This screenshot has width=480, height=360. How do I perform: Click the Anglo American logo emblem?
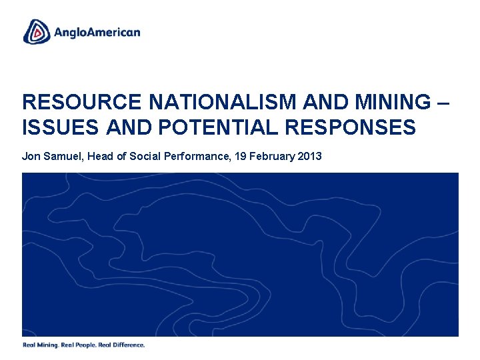coord(37,31)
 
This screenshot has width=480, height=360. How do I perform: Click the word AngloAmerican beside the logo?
coord(97,32)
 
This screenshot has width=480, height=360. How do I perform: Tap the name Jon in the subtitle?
coord(31,157)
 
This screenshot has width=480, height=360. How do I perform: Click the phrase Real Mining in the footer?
coord(40,345)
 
